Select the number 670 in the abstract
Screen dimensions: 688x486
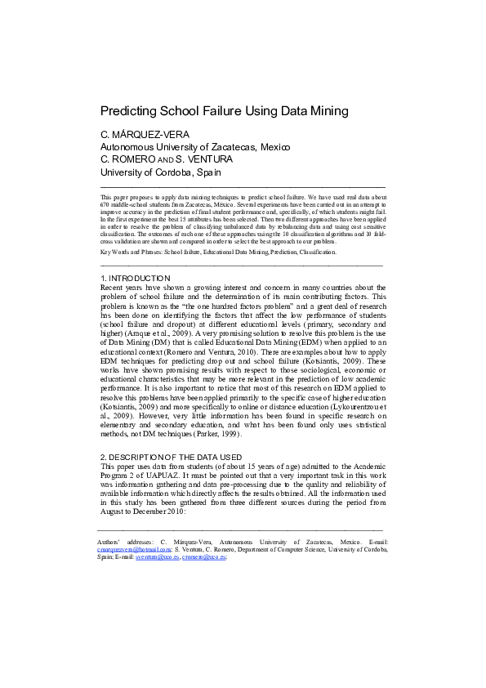[x=105, y=205]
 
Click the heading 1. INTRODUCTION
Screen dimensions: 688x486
[x=135, y=279]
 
